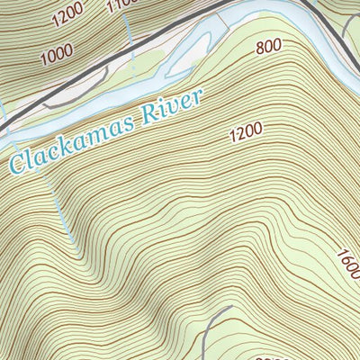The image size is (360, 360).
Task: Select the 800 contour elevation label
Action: coord(267,47)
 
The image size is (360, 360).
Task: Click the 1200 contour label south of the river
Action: coord(246,130)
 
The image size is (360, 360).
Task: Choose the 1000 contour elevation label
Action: coord(56,53)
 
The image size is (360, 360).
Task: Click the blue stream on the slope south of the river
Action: coord(61,211)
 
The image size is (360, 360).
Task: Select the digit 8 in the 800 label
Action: coord(259,49)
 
